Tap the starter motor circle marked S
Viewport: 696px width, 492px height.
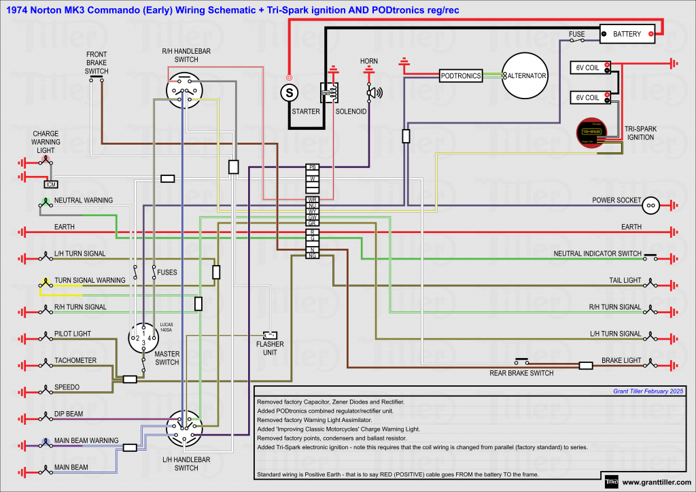[290, 90]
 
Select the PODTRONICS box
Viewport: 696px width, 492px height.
[460, 76]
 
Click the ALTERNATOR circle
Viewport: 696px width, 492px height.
[525, 76]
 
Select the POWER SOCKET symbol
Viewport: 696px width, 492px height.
[650, 204]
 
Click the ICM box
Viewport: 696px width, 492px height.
[50, 184]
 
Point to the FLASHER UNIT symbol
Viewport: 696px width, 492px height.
[271, 335]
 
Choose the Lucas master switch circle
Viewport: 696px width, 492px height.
[143, 336]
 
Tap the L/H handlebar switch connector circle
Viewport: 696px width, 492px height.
[185, 427]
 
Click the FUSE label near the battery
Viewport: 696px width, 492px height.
[577, 33]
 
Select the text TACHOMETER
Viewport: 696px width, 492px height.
[75, 360]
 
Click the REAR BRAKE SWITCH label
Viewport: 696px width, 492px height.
[521, 373]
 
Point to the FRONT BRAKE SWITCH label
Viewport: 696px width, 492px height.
[97, 63]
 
